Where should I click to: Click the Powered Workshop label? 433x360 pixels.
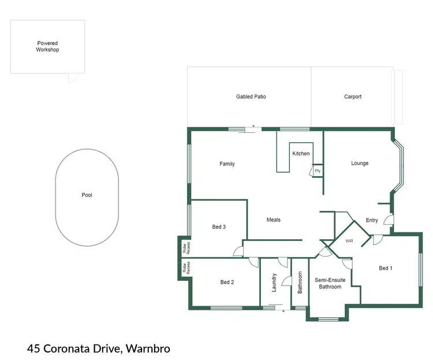[x=48, y=46]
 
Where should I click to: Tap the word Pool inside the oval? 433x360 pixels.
[x=87, y=195]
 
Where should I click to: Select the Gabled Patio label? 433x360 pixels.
[x=251, y=97]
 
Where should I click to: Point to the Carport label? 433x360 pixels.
[x=353, y=97]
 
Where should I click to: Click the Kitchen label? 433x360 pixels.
[x=301, y=154]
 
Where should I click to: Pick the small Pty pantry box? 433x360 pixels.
[x=318, y=171]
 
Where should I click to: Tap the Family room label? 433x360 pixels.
[x=227, y=164]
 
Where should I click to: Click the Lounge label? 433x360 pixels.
[x=360, y=163]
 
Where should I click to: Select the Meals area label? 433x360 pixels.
[x=273, y=220]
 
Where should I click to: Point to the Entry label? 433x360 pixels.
[x=372, y=220]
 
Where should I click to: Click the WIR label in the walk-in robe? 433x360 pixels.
[x=349, y=240]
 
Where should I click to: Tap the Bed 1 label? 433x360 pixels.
[x=385, y=268]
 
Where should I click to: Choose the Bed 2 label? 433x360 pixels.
[x=227, y=282]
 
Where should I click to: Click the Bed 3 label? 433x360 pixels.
[x=219, y=227]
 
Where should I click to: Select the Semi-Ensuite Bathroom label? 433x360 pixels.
[x=330, y=283]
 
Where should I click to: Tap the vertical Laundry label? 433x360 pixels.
[x=274, y=282]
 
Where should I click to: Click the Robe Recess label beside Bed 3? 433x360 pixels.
[x=185, y=248]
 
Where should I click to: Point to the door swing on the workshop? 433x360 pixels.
[x=73, y=77]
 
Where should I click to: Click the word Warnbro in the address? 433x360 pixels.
[x=147, y=348]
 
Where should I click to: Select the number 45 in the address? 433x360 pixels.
[x=33, y=348]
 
